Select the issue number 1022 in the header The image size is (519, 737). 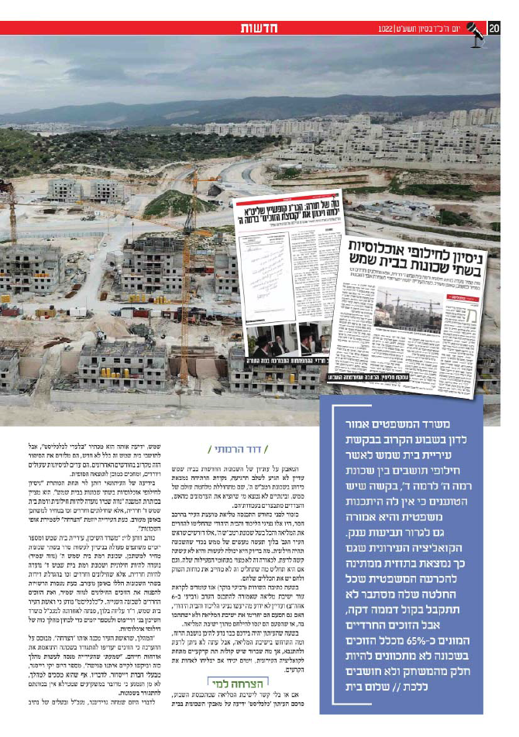click(387, 29)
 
